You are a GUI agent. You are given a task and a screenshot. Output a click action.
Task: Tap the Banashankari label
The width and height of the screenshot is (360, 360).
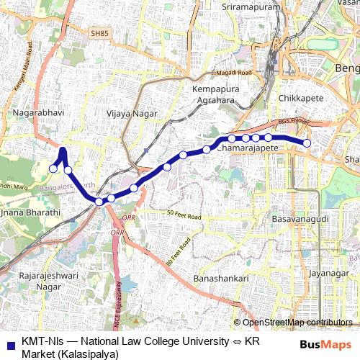(221, 278)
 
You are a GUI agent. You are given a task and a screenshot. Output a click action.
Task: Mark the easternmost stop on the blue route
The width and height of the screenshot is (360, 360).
(307, 143)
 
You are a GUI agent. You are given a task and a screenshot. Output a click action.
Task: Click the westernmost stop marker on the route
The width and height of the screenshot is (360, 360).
(53, 168)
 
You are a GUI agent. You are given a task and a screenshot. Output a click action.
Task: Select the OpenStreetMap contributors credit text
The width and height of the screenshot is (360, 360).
(297, 323)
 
